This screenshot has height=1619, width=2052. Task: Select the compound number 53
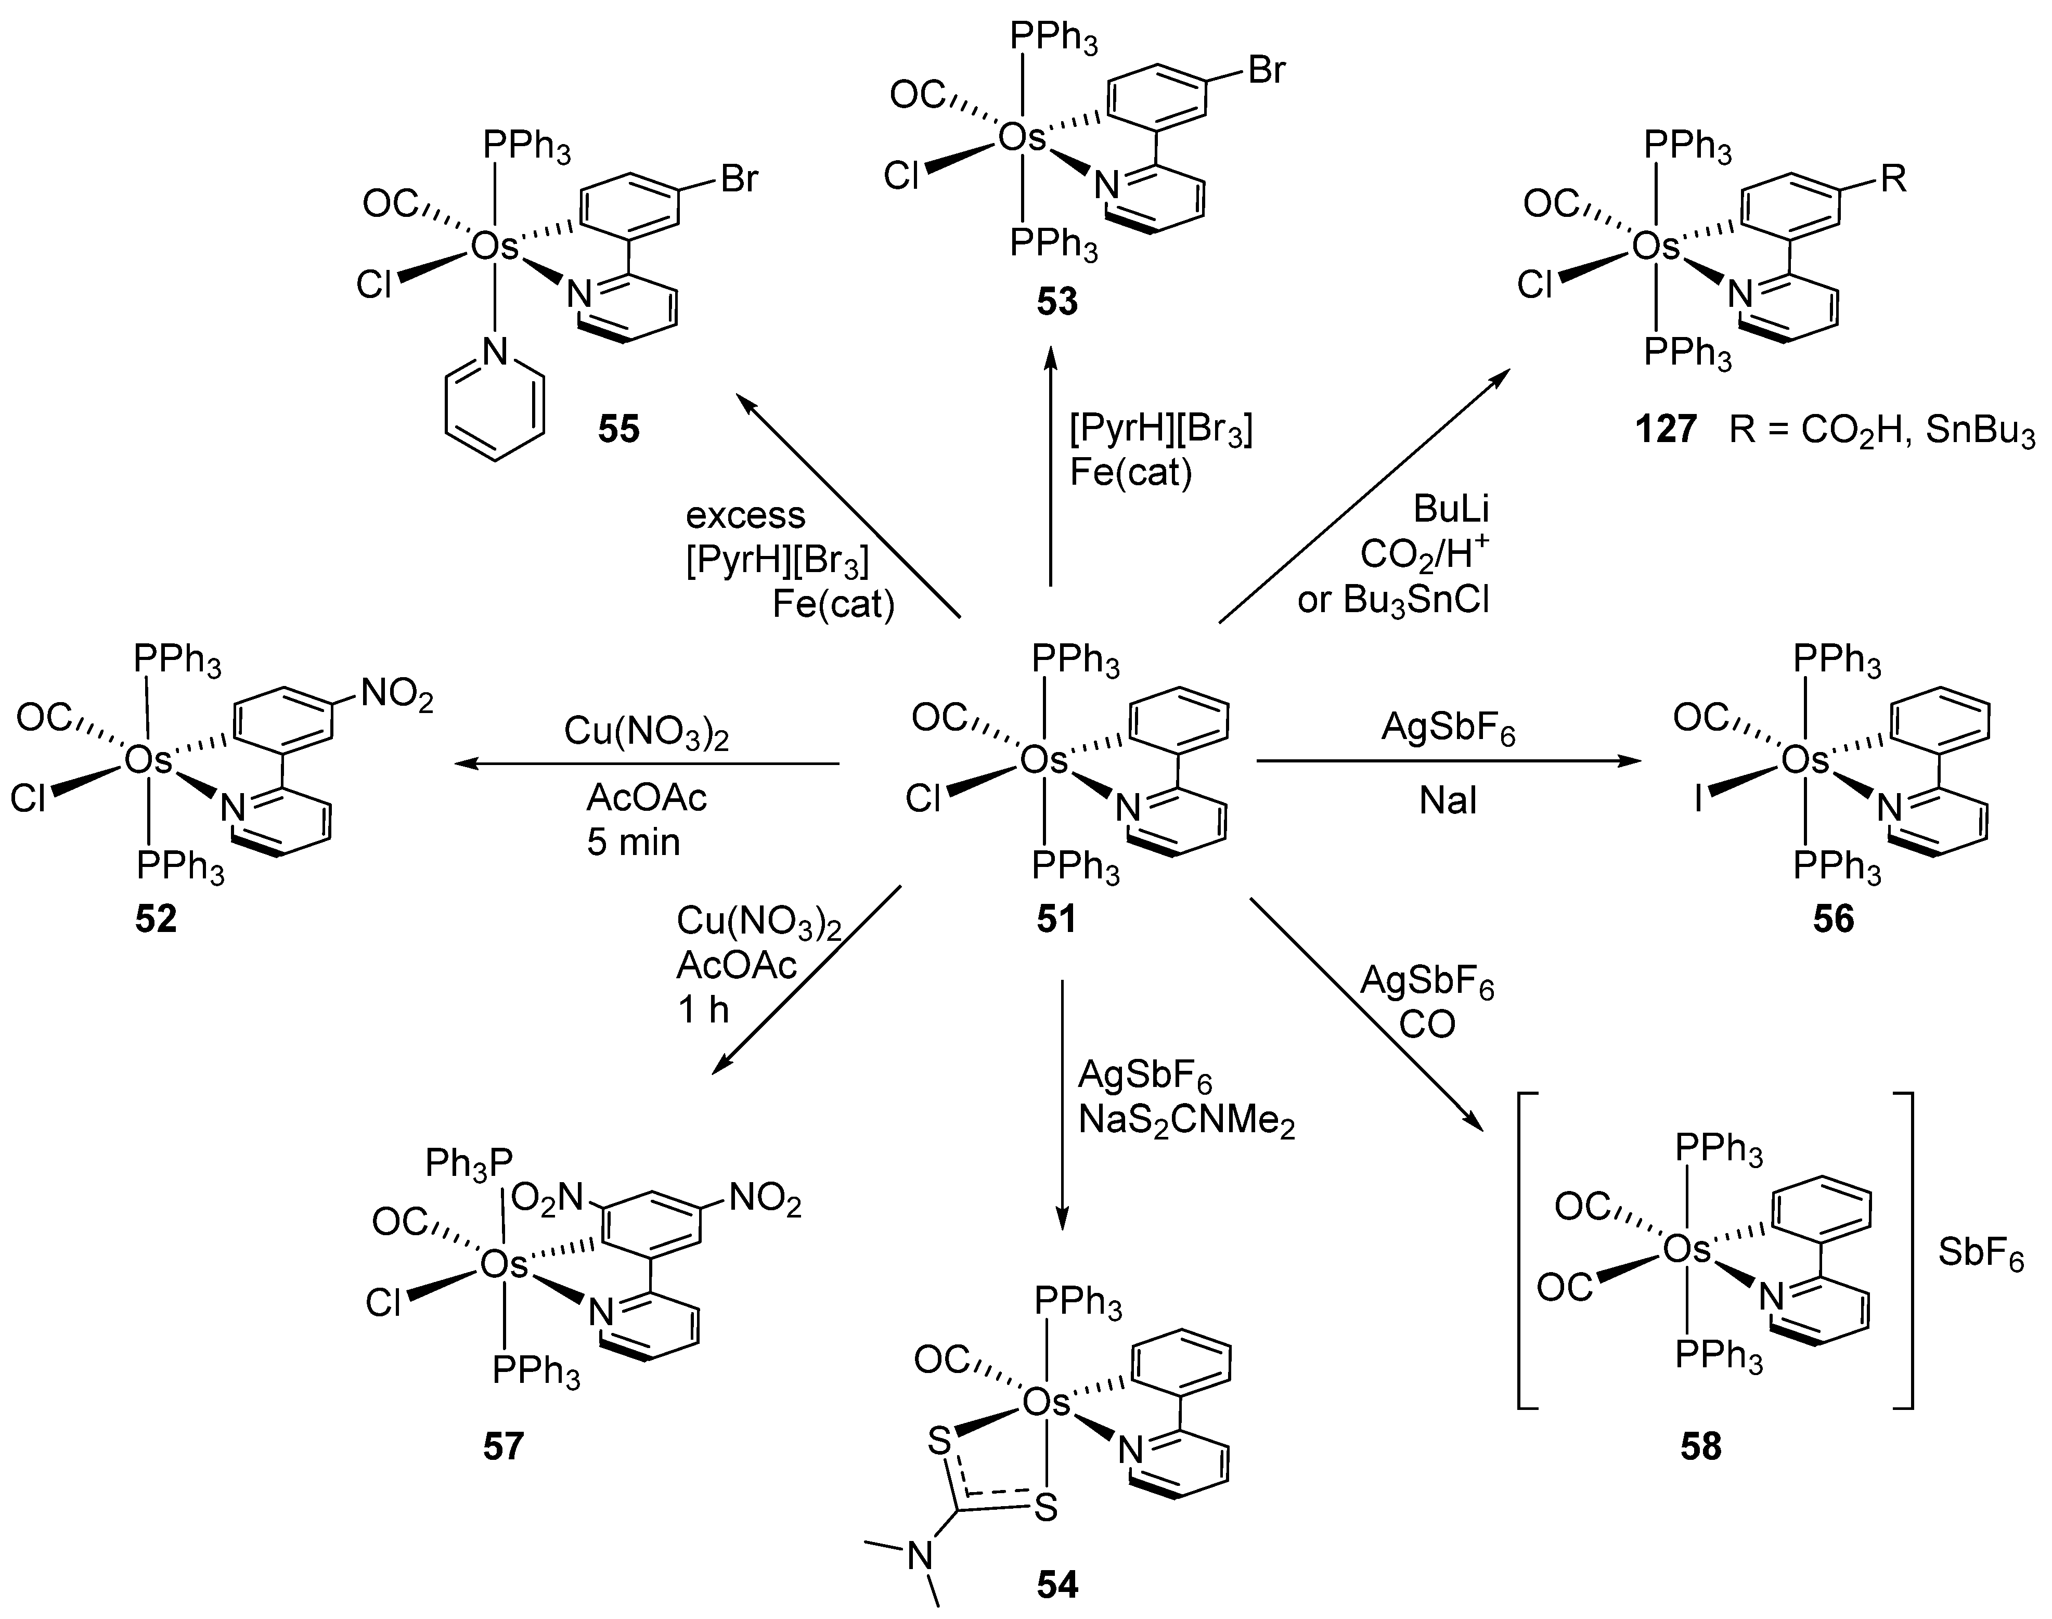pyautogui.click(x=1057, y=302)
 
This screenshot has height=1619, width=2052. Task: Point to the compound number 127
pyautogui.click(x=1666, y=430)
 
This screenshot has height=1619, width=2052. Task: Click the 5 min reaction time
pyautogui.click(x=633, y=841)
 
